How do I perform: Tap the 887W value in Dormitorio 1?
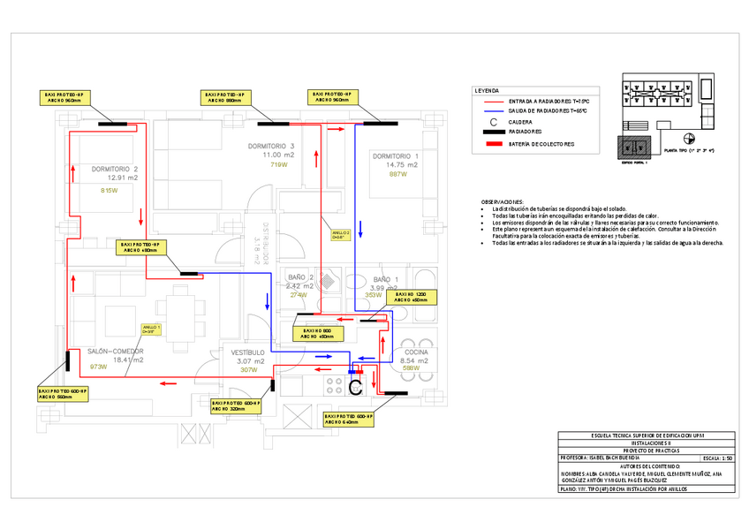click(x=398, y=174)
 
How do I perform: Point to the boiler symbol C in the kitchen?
click(x=355, y=387)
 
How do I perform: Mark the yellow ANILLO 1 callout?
click(x=152, y=329)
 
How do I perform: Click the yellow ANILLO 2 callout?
click(x=341, y=235)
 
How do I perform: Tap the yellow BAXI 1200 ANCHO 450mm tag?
click(x=411, y=297)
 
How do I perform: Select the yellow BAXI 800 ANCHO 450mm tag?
click(x=315, y=333)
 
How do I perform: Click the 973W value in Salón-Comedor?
click(x=97, y=367)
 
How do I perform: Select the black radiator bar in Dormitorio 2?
click(x=112, y=124)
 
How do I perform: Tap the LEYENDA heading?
click(x=487, y=91)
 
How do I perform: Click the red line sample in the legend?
click(x=491, y=102)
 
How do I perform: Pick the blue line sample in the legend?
click(x=491, y=111)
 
